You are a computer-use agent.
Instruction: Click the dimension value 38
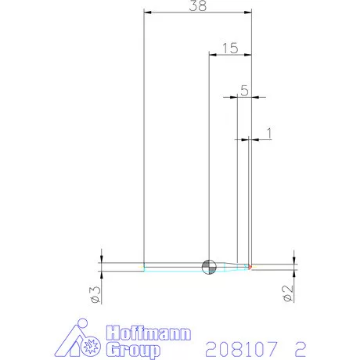click(x=200, y=6)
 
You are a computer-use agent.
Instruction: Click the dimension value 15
click(x=230, y=48)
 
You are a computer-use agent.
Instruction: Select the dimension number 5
click(x=244, y=91)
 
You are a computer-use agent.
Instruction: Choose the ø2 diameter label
click(x=287, y=294)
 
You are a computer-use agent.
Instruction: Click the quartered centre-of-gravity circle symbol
click(x=208, y=266)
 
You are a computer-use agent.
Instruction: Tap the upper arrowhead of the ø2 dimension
click(x=293, y=260)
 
